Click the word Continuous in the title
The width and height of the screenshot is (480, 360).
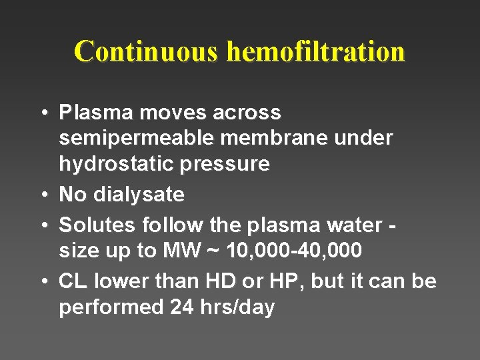[147, 51]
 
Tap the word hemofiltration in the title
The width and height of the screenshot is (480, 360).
[315, 51]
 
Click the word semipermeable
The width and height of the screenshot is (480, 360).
[137, 138]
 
